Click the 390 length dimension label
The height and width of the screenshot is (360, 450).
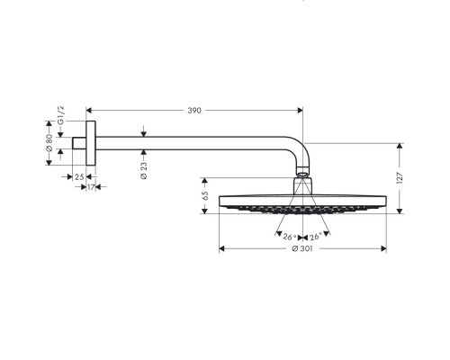pyautogui.click(x=194, y=111)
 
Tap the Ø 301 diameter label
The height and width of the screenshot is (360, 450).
pyautogui.click(x=302, y=248)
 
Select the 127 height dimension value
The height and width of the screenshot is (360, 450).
pyautogui.click(x=400, y=178)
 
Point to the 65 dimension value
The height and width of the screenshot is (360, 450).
pyautogui.click(x=205, y=195)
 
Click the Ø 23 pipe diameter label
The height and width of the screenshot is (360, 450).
pyautogui.click(x=144, y=170)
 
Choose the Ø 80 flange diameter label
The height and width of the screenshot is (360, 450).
pyautogui.click(x=49, y=143)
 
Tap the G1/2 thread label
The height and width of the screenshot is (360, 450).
pyautogui.click(x=60, y=115)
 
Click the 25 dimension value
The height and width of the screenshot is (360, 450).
pyautogui.click(x=79, y=177)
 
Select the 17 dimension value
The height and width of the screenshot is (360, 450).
pyautogui.click(x=91, y=187)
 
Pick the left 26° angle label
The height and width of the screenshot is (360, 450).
pyautogui.click(x=290, y=237)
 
